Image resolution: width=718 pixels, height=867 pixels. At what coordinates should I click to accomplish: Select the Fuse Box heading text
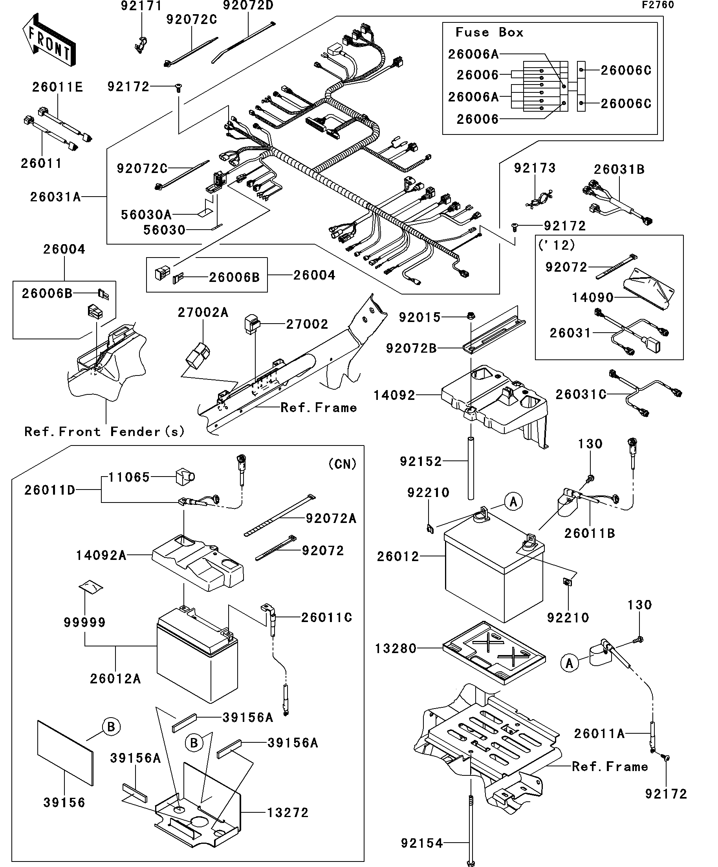pyautogui.click(x=489, y=32)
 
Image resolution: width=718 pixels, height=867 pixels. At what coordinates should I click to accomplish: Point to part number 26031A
pyautogui.click(x=55, y=197)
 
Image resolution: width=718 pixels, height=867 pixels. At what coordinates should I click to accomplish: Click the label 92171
pyautogui.click(x=141, y=6)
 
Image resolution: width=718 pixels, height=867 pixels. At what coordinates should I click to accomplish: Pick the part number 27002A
pyautogui.click(x=203, y=313)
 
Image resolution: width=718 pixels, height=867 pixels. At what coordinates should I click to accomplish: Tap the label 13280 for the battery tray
pyautogui.click(x=396, y=649)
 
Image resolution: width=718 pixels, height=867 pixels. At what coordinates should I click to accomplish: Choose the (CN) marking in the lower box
pyautogui.click(x=342, y=464)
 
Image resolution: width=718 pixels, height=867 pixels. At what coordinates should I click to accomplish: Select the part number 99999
pyautogui.click(x=84, y=622)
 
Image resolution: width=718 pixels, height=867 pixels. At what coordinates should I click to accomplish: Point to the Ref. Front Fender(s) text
pyautogui.click(x=104, y=432)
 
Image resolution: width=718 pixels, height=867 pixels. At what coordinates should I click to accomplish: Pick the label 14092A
pyautogui.click(x=101, y=555)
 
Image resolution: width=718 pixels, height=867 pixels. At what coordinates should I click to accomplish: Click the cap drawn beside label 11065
pyautogui.click(x=185, y=477)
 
